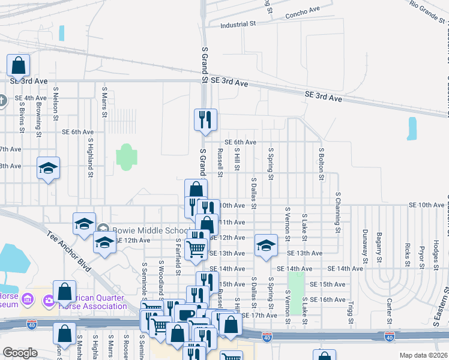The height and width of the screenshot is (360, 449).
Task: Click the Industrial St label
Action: click(238, 25)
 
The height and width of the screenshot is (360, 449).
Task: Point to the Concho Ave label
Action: click(303, 12)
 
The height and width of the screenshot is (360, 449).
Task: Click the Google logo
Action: click(20, 353)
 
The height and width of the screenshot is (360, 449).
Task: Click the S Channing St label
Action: click(339, 212)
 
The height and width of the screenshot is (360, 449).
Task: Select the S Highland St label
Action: click(91, 158)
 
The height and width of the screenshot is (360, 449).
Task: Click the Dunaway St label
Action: click(364, 246)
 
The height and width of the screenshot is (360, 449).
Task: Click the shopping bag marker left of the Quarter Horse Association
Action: click(64, 293)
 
